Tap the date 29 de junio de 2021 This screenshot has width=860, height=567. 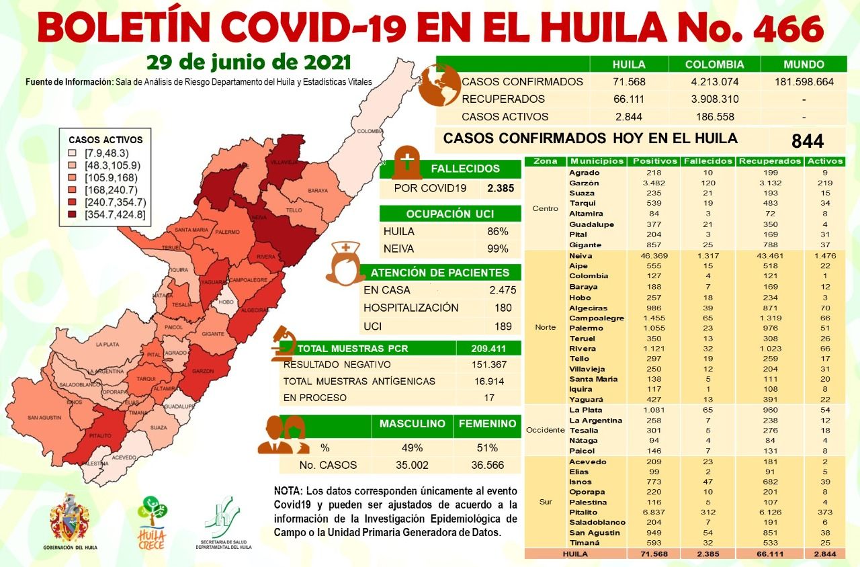click(x=249, y=62)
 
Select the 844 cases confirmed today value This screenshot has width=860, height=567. click(x=808, y=141)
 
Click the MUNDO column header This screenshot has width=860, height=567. click(x=804, y=64)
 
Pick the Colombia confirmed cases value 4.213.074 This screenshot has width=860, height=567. click(x=714, y=82)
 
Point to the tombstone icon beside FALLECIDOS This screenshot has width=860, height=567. click(x=406, y=161)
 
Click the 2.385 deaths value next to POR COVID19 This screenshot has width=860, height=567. click(x=501, y=188)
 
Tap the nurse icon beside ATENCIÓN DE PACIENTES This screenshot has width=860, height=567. click(x=346, y=263)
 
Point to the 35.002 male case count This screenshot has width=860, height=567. click(x=412, y=465)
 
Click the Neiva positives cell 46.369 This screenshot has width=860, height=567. click(x=652, y=256)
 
